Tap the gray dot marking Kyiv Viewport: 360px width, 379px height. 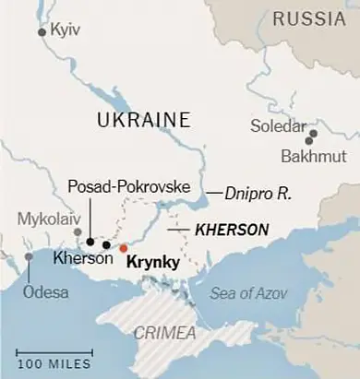pyautogui.click(x=42, y=32)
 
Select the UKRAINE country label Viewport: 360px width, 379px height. pyautogui.click(x=143, y=120)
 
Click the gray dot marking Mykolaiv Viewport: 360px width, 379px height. pyautogui.click(x=78, y=232)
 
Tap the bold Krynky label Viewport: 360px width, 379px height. pyautogui.click(x=150, y=262)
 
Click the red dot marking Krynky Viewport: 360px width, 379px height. pyautogui.click(x=123, y=247)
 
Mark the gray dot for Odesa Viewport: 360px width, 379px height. pyautogui.click(x=29, y=256)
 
